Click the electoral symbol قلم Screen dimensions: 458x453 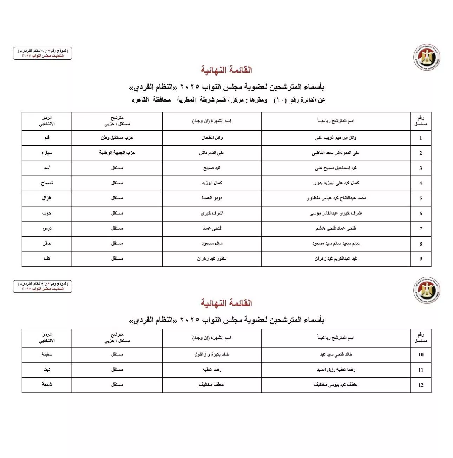[47, 138]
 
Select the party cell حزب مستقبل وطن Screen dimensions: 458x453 [117, 138]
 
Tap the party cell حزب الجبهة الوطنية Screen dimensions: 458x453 [117, 153]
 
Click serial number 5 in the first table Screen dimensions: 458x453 [421, 198]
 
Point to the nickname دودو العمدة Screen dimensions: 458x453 [212, 198]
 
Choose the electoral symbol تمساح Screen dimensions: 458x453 [47, 183]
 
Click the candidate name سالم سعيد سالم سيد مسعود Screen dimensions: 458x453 [336, 243]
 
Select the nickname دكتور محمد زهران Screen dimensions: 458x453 [212, 259]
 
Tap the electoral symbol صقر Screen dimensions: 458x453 [47, 243]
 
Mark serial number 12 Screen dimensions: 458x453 [421, 385]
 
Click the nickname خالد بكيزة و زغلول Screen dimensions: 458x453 [212, 354]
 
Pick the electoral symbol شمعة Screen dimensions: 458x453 [47, 385]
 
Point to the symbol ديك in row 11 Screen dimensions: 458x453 [47, 369]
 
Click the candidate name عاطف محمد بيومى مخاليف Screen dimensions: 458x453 [336, 385]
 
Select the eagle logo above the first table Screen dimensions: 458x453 [427, 57]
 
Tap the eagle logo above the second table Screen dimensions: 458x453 [427, 290]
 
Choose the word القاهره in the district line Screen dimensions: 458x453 [140, 100]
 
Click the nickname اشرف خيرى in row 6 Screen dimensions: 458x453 [212, 213]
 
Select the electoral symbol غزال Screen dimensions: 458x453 [47, 198]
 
